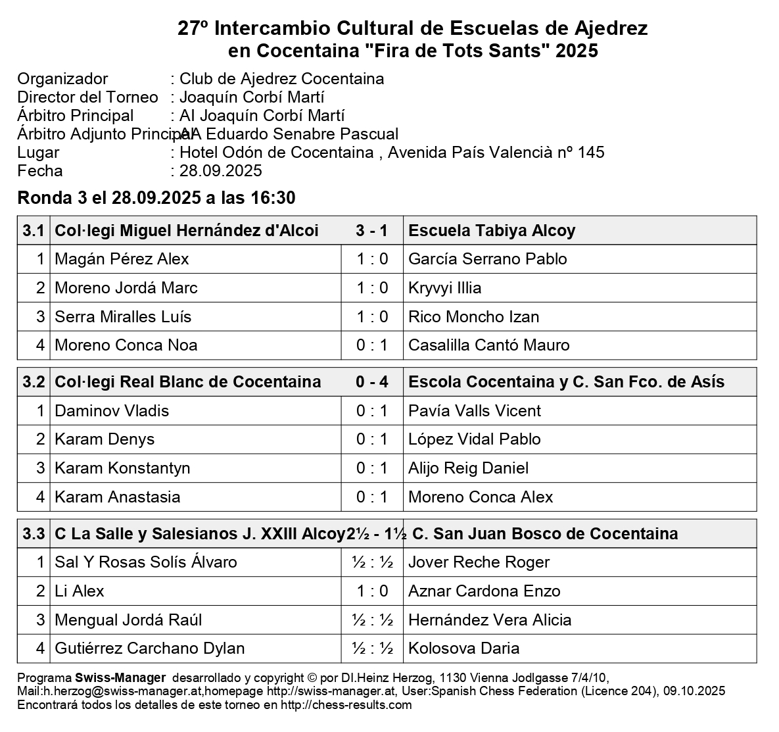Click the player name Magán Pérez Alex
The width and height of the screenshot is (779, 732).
click(x=122, y=259)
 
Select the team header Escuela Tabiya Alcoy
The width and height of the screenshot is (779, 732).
click(x=492, y=231)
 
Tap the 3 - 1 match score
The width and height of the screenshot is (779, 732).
click(x=371, y=231)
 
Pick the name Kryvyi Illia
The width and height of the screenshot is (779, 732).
click(x=444, y=288)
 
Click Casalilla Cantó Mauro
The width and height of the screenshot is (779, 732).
click(x=488, y=345)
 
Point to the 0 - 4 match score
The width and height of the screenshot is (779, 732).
click(x=371, y=382)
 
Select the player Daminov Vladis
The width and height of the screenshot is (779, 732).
click(x=112, y=411)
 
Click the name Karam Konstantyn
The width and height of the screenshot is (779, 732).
click(x=122, y=468)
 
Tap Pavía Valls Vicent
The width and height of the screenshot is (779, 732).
click(x=474, y=411)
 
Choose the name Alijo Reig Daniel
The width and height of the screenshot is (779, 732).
click(x=468, y=468)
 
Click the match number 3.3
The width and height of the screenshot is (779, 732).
click(x=34, y=533)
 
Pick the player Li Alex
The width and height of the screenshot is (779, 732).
click(x=79, y=591)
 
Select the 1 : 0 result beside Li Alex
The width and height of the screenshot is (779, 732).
click(x=372, y=591)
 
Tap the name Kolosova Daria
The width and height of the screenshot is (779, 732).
click(x=463, y=648)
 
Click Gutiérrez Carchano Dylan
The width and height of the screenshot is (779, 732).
click(x=149, y=648)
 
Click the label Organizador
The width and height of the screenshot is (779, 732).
click(x=62, y=79)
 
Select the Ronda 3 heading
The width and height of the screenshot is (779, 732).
click(x=156, y=198)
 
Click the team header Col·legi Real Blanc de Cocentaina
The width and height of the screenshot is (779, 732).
click(x=187, y=382)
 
